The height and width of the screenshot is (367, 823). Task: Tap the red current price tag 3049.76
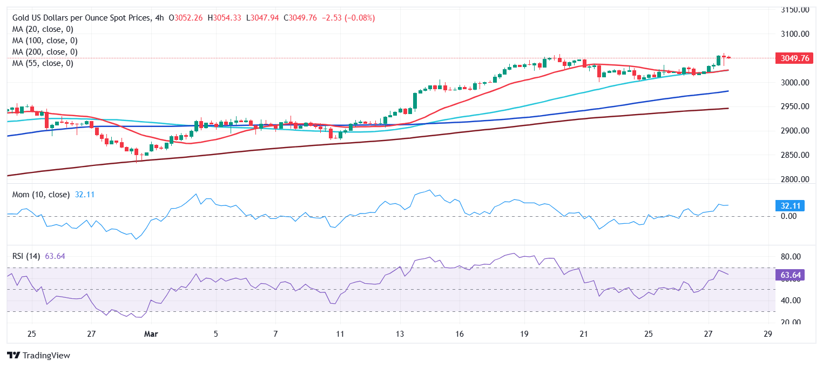click(793, 58)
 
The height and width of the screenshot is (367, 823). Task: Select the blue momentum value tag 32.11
click(790, 205)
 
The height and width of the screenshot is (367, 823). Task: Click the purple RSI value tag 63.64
click(790, 275)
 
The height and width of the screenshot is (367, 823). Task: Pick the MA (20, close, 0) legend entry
click(43, 29)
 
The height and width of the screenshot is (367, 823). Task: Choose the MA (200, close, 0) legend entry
click(45, 52)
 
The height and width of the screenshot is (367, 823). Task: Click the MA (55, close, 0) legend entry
click(43, 63)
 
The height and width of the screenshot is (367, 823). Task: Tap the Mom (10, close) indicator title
click(41, 195)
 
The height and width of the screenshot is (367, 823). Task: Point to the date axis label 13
click(400, 333)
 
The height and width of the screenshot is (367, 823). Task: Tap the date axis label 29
click(768, 333)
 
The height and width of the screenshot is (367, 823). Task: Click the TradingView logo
click(39, 356)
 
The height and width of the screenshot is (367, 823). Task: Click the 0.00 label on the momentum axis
click(789, 216)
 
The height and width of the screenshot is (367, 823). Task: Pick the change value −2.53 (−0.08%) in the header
click(348, 18)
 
